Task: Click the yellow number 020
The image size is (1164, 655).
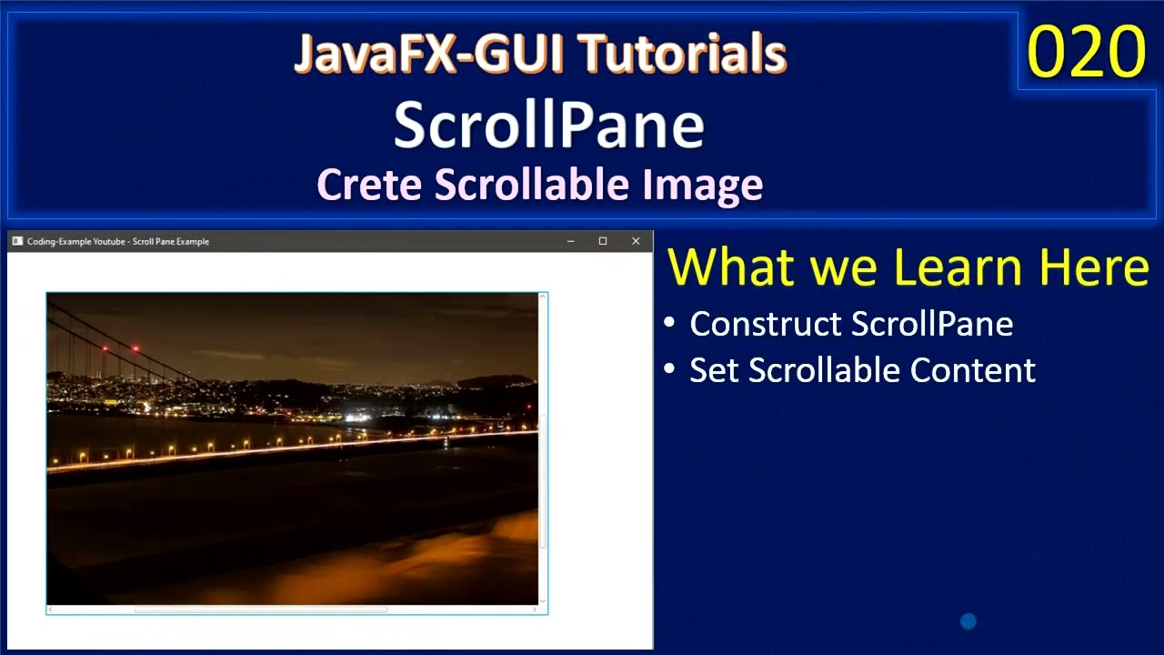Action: (x=1086, y=52)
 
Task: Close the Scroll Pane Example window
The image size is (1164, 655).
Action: (x=636, y=241)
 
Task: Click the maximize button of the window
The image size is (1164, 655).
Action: (x=602, y=241)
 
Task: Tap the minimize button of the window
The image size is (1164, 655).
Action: (x=570, y=241)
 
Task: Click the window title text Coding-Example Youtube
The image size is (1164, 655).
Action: (x=76, y=241)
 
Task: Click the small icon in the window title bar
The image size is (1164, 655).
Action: (x=17, y=241)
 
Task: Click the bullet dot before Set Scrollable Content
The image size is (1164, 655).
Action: (x=670, y=369)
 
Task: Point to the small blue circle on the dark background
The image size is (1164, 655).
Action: (x=968, y=621)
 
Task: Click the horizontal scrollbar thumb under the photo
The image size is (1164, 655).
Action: (x=261, y=610)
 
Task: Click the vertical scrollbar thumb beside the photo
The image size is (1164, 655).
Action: (x=543, y=482)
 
